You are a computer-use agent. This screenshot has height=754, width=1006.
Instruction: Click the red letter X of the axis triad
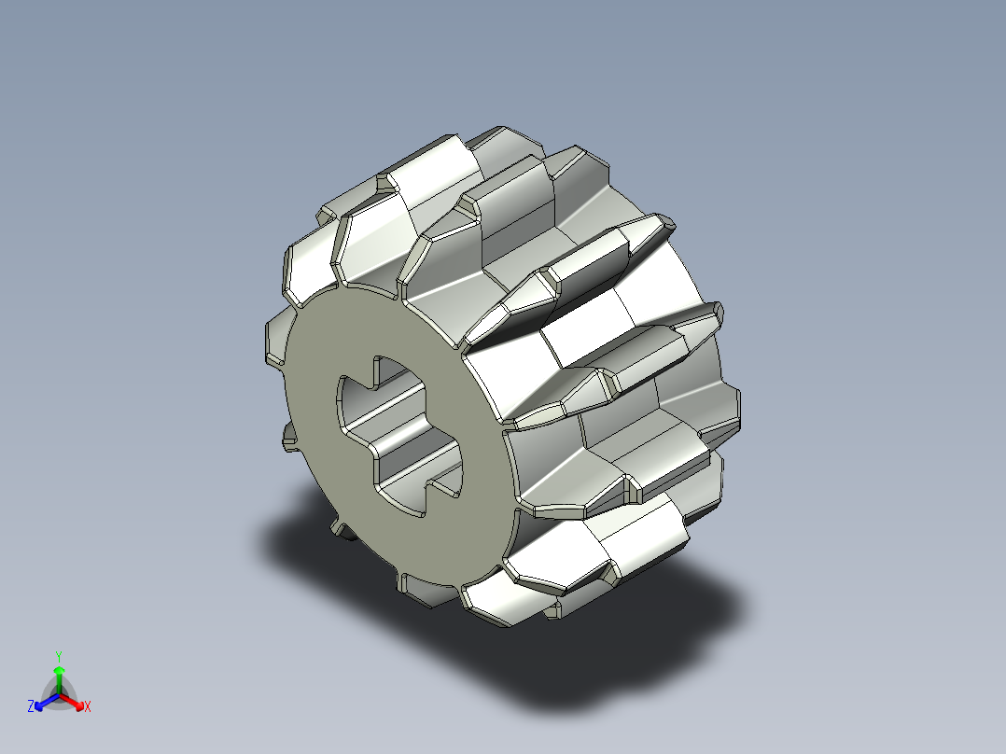coord(88,707)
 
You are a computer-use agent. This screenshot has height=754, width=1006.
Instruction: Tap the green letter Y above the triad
coord(58,656)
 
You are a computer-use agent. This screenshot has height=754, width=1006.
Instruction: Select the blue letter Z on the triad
coord(31,707)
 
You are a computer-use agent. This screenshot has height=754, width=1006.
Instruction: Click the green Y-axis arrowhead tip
coord(58,669)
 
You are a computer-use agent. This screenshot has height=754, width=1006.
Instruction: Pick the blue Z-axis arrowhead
coord(40,703)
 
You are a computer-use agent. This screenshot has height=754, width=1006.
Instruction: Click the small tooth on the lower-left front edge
coord(289,439)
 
